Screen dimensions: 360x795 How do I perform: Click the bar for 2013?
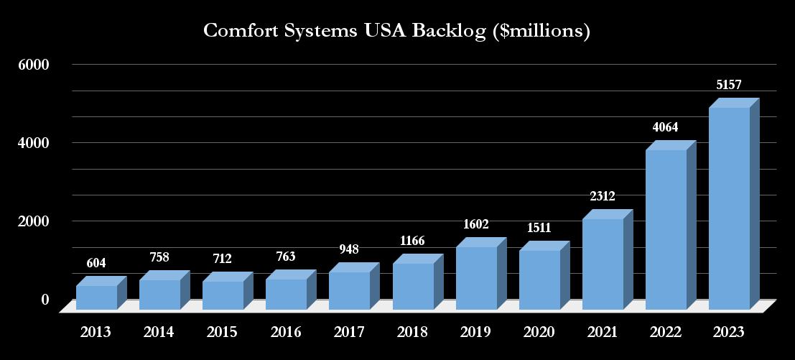pyautogui.click(x=96, y=297)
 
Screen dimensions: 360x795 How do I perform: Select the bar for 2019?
pyautogui.click(x=476, y=278)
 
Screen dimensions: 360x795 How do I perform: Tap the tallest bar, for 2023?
pyautogui.click(x=729, y=208)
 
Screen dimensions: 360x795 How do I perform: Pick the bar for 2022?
pyautogui.click(x=666, y=230)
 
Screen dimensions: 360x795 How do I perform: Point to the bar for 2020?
pyautogui.click(x=539, y=280)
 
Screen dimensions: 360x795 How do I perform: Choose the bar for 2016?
pyautogui.click(x=286, y=295)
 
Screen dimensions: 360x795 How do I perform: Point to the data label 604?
pyautogui.click(x=96, y=263)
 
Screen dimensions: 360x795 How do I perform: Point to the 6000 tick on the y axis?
pyautogui.click(x=34, y=65)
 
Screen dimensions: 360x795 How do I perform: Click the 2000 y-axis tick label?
pyautogui.click(x=34, y=221)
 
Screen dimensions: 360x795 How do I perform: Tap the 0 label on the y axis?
pyautogui.click(x=45, y=299)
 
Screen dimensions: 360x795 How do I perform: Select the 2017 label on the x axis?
pyautogui.click(x=349, y=332)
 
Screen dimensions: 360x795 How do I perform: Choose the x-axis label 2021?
pyautogui.click(x=603, y=332)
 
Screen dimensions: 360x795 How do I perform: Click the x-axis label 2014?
pyautogui.click(x=159, y=332)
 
